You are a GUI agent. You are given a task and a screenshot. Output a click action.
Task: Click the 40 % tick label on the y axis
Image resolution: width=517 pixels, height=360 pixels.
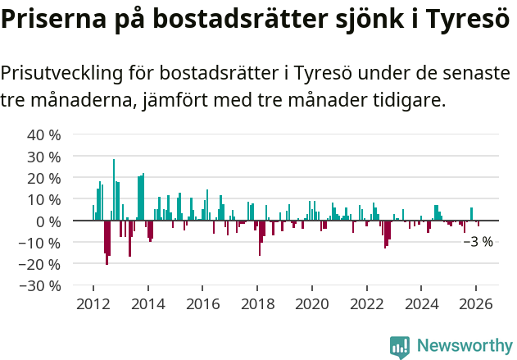point(44,134)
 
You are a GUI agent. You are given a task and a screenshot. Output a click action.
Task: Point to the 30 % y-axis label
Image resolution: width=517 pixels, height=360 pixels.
point(44,156)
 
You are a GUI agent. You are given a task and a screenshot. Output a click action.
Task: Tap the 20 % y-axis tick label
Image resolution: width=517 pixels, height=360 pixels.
point(44,178)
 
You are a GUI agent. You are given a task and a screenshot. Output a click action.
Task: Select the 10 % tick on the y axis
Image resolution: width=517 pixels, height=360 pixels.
point(44,199)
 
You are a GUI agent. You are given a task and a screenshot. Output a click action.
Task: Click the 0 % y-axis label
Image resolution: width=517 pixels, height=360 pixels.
point(48,221)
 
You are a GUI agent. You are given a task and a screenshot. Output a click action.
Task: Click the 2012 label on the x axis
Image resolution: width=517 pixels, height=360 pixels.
point(93,303)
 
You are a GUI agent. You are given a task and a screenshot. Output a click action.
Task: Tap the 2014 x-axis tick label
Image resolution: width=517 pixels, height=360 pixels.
point(147,303)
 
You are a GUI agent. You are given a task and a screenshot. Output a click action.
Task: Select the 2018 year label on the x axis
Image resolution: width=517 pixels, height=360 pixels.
point(257,303)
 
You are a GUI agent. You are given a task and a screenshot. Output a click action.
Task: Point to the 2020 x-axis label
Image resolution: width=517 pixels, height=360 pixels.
point(312,303)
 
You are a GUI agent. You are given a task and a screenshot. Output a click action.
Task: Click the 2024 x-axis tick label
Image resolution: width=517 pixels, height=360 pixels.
point(422,303)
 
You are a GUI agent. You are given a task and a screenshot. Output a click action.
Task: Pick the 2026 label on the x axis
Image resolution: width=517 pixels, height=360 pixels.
point(477,303)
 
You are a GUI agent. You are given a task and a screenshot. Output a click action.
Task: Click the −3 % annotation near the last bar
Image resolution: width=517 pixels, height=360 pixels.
point(478,242)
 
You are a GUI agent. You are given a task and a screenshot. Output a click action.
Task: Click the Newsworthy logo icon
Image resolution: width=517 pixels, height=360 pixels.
point(400,347)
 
